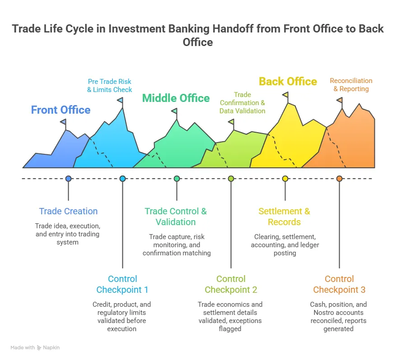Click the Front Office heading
pos(61,110)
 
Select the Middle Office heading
pos(176,98)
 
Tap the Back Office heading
pos(288,82)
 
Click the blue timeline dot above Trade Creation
pos(68,179)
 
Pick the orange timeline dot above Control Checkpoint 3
pos(339,179)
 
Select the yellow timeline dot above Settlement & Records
pos(285,179)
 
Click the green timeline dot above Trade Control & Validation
pos(177,179)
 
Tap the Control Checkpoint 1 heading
pos(122,284)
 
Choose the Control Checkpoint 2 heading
pos(231,284)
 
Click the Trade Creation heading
pos(68,211)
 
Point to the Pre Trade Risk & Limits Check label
pos(110,86)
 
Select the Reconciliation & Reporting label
pos(351,85)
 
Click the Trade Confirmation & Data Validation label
pos(243,103)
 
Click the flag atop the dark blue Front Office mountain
pos(63,122)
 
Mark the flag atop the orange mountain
pos(340,100)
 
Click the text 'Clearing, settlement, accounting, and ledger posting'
pos(285,245)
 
